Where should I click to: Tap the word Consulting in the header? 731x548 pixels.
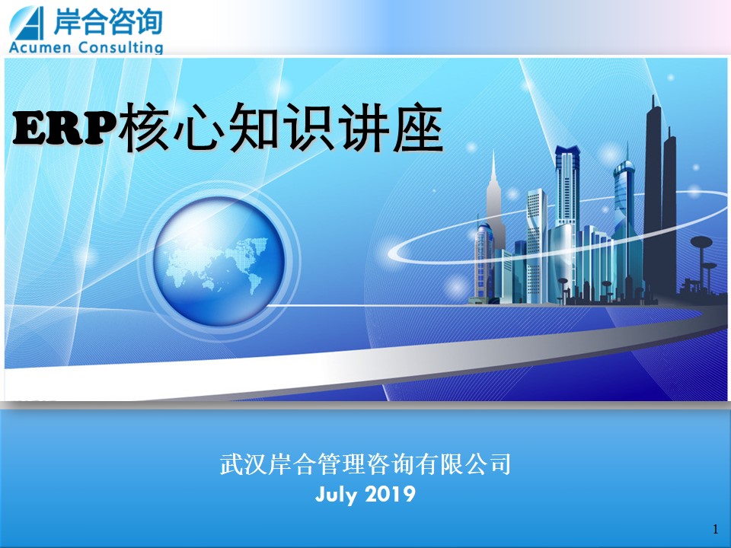pos(121,47)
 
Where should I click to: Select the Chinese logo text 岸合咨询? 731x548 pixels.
pos(107,22)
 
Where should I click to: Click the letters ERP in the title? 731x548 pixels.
pos(65,129)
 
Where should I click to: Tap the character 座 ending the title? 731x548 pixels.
pos(418,127)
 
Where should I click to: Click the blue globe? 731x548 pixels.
pos(219,261)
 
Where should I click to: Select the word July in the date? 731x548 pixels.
pos(335,495)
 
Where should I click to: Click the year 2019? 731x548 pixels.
pos(390,494)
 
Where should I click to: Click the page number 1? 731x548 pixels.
pos(716,529)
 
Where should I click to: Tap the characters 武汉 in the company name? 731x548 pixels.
pos(244,464)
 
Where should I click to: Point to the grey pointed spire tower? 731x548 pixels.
pos(494,205)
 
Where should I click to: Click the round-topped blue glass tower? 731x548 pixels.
pos(624,219)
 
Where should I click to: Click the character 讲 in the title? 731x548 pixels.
pos(363,127)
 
